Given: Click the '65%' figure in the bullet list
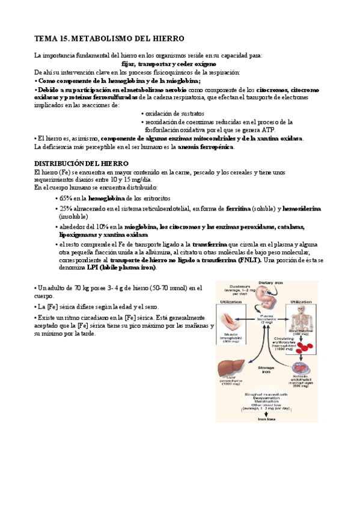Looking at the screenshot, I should (65, 198).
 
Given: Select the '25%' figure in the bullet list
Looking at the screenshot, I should (65, 208).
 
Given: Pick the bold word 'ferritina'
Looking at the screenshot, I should (239, 208).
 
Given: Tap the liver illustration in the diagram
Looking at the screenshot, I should (234, 364).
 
